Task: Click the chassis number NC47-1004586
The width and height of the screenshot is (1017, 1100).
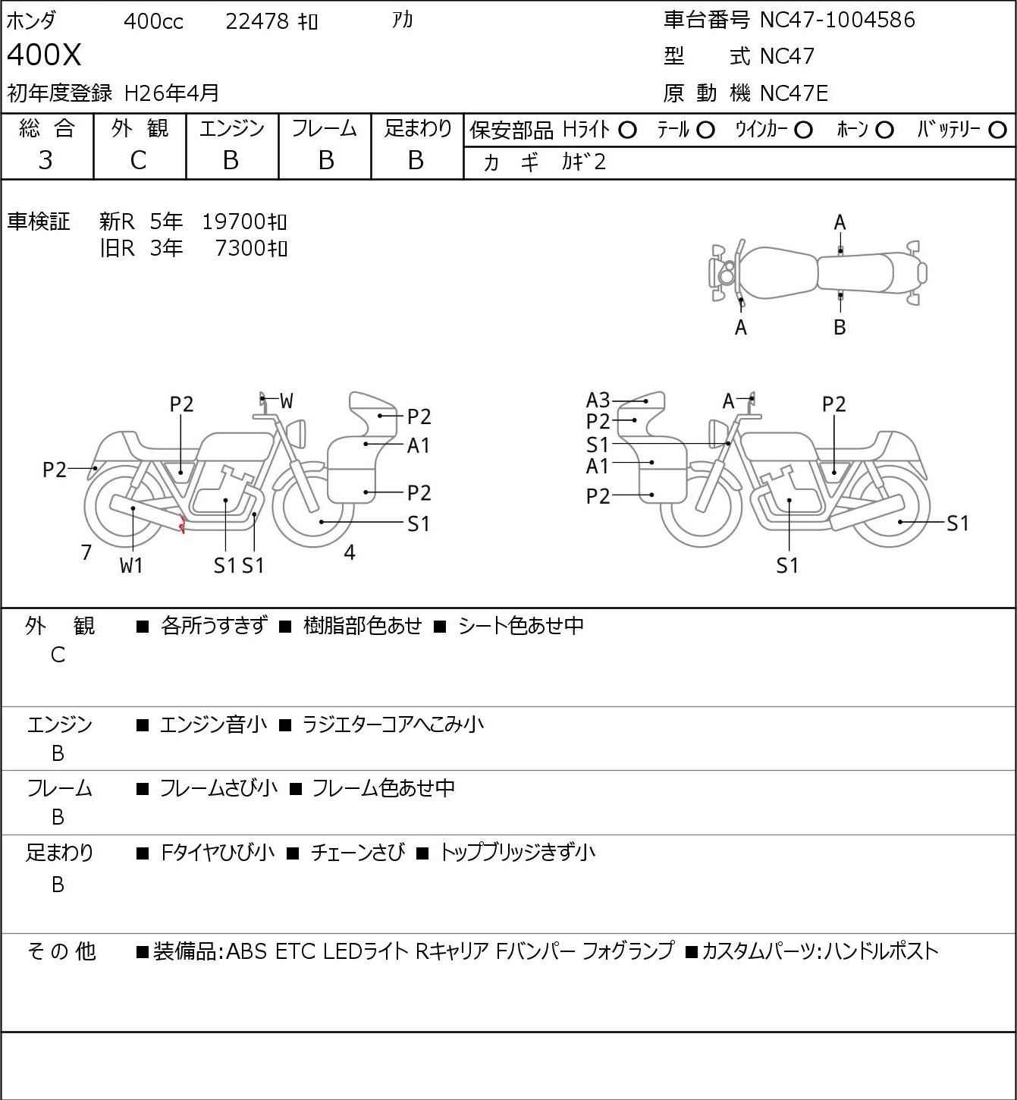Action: [x=837, y=20]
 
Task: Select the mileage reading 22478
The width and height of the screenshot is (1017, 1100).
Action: [x=257, y=21]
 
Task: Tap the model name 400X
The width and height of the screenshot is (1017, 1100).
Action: [x=44, y=55]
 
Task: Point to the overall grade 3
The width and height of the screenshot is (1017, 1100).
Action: [x=46, y=160]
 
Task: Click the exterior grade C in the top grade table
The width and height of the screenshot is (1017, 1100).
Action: [x=138, y=160]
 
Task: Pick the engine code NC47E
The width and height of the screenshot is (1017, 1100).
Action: [x=793, y=93]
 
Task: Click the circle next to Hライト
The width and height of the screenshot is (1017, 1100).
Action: [x=627, y=130]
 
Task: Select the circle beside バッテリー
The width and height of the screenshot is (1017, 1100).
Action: [x=998, y=130]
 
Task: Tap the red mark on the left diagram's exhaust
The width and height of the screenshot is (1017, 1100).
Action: [x=182, y=523]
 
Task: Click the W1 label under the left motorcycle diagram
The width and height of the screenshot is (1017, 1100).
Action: [x=131, y=565]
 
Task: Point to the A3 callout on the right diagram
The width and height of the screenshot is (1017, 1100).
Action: [x=598, y=400]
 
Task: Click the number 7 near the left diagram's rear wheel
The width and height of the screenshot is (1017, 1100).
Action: [x=86, y=552]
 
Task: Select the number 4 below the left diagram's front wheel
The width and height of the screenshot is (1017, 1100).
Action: [x=350, y=552]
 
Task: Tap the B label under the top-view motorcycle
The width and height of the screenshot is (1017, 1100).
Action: [x=840, y=327]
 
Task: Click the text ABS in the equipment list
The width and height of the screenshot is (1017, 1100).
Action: [x=246, y=951]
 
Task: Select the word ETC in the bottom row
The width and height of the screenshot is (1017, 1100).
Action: [x=294, y=951]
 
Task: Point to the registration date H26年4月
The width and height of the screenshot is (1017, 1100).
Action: [x=172, y=93]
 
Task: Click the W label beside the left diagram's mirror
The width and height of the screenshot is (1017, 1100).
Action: [x=286, y=401]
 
